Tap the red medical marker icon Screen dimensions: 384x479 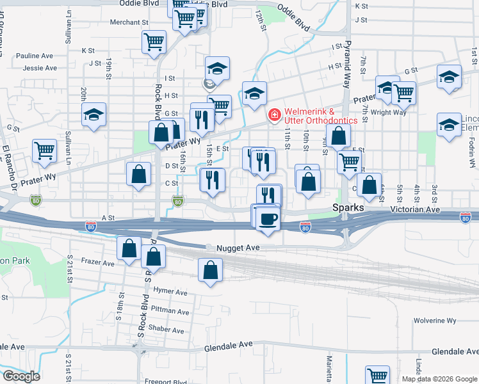274,114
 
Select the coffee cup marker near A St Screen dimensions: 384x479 268,218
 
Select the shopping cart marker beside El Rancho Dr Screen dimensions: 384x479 44,151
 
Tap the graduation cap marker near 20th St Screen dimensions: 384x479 94,115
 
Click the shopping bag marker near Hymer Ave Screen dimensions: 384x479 210,271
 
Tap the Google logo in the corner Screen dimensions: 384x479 21,376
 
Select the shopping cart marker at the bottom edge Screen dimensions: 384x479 377,376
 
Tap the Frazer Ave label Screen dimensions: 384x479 99,263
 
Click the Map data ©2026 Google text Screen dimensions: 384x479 439,379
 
